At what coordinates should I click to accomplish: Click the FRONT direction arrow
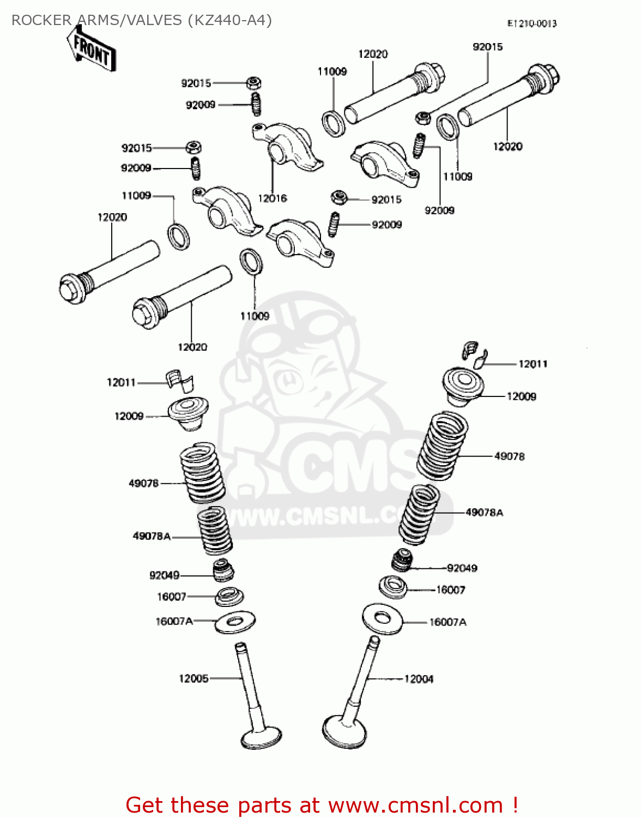91,51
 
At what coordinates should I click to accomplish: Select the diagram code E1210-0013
531,23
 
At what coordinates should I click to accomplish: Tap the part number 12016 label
272,199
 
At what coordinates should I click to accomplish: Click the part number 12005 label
193,678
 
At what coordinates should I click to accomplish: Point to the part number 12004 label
419,679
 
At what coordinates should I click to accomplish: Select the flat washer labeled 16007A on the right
383,618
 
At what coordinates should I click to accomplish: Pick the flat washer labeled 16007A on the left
235,621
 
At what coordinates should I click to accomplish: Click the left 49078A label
152,536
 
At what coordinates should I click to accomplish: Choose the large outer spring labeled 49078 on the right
442,446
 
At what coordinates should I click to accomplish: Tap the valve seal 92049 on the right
402,560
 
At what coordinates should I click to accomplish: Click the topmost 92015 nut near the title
253,83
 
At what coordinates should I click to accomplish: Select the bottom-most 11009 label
255,316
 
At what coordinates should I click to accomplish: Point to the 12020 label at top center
373,54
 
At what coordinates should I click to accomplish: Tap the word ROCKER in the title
42,20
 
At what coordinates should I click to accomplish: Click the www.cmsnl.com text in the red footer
415,805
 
